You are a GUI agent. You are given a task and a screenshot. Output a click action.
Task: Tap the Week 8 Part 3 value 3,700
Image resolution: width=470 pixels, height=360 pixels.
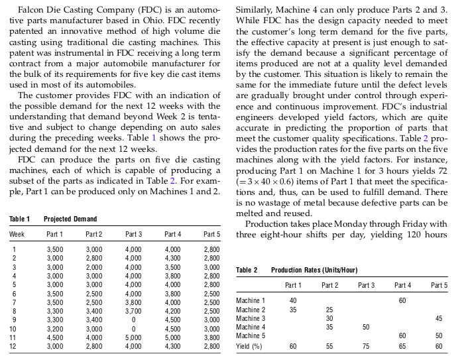pyautogui.click(x=133, y=310)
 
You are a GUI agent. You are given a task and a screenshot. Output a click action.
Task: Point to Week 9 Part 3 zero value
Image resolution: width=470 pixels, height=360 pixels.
pyautogui.click(x=133, y=319)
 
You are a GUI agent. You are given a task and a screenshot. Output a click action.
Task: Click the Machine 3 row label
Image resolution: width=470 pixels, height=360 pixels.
pyautogui.click(x=251, y=318)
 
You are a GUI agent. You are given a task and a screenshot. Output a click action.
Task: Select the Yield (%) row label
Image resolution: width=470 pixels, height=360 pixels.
pyautogui.click(x=249, y=345)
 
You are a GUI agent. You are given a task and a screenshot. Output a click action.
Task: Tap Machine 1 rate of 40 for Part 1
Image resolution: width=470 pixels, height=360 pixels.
pyautogui.click(x=293, y=300)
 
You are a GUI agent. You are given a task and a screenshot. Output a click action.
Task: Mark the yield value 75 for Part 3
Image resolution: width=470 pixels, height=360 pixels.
pyautogui.click(x=365, y=345)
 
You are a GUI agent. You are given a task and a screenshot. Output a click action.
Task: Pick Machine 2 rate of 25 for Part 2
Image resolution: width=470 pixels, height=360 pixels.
pyautogui.click(x=329, y=310)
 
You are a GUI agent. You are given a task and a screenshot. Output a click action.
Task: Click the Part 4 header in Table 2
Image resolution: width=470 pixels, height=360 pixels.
pyautogui.click(x=402, y=285)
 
